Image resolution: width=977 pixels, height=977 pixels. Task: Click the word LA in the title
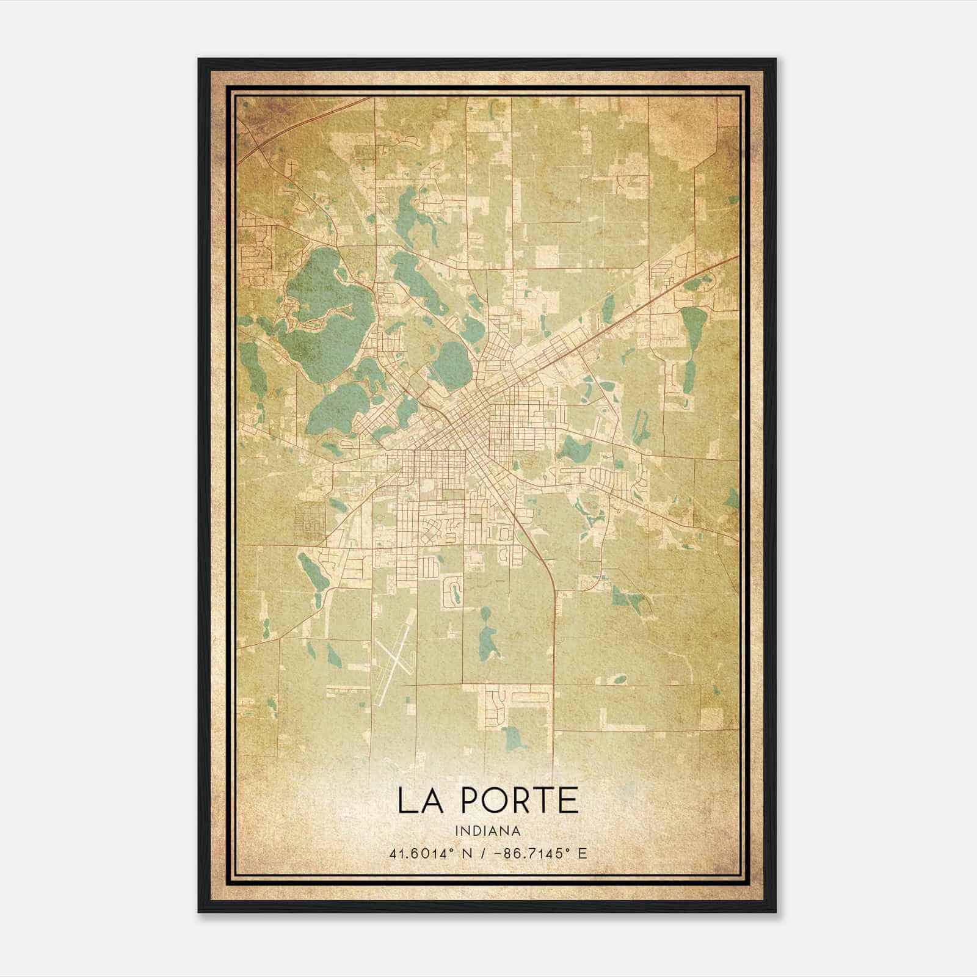(423, 800)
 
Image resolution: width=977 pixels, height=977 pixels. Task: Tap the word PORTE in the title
(520, 800)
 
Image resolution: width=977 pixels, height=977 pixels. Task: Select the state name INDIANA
(488, 831)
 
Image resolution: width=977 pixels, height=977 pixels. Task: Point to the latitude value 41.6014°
(421, 853)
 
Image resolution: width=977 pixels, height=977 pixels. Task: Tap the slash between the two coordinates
(481, 853)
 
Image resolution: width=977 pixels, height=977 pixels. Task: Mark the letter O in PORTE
(496, 800)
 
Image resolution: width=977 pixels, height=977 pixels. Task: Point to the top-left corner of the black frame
(199, 59)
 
